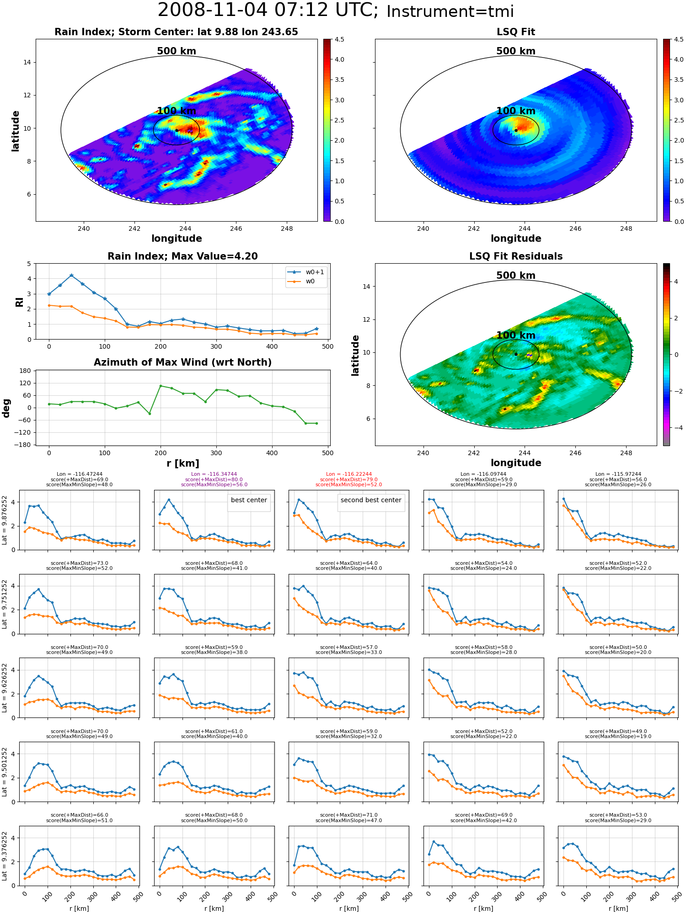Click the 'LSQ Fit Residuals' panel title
pyautogui.click(x=516, y=256)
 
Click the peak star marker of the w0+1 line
pyautogui.click(x=71, y=276)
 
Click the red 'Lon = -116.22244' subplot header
pyautogui.click(x=349, y=474)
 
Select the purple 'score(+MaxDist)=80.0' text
pyautogui.click(x=214, y=480)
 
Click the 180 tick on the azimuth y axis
pyautogui.click(x=25, y=371)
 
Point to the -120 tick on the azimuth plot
pyautogui.click(x=22, y=432)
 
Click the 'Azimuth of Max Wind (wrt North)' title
pyautogui.click(x=182, y=362)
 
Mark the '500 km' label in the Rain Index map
pyautogui.click(x=177, y=51)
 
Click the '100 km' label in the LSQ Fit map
pyautogui.click(x=516, y=111)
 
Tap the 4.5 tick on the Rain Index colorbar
pyautogui.click(x=339, y=39)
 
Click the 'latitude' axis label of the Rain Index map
pyautogui.click(x=16, y=131)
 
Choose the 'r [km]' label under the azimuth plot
pyautogui.click(x=182, y=463)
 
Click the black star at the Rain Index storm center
pyautogui.click(x=177, y=130)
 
